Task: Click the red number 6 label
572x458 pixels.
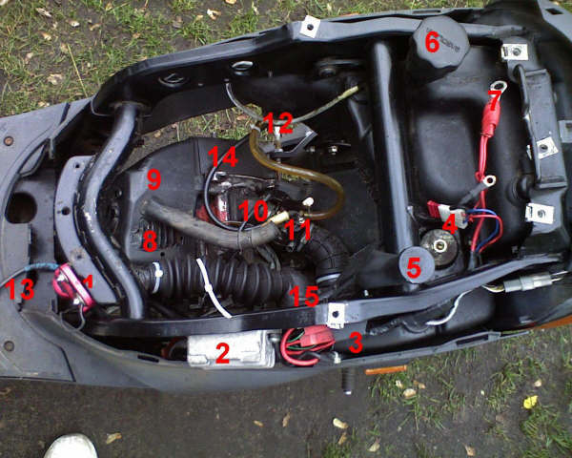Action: coord(432,43)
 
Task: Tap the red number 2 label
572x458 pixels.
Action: coord(222,354)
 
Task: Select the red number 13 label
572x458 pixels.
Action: coord(21,289)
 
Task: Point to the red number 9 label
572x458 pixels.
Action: coord(153,179)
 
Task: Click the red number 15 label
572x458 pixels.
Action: coord(304,296)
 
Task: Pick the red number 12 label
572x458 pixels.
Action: coord(278,123)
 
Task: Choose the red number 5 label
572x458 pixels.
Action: coord(414,268)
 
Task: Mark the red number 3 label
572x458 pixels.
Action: coord(356,343)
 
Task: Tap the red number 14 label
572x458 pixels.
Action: coord(223,157)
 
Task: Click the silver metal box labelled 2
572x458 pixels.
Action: coord(232,349)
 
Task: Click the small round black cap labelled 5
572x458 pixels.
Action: coord(416,265)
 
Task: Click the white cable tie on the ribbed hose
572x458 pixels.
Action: coord(214,286)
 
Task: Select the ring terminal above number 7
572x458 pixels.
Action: coord(499,87)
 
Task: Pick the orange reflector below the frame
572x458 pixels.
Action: coord(385,370)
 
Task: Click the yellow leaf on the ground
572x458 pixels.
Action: coord(530,402)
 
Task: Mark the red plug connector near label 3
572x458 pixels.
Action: coord(317,337)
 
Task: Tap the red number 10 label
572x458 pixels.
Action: coord(254,211)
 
